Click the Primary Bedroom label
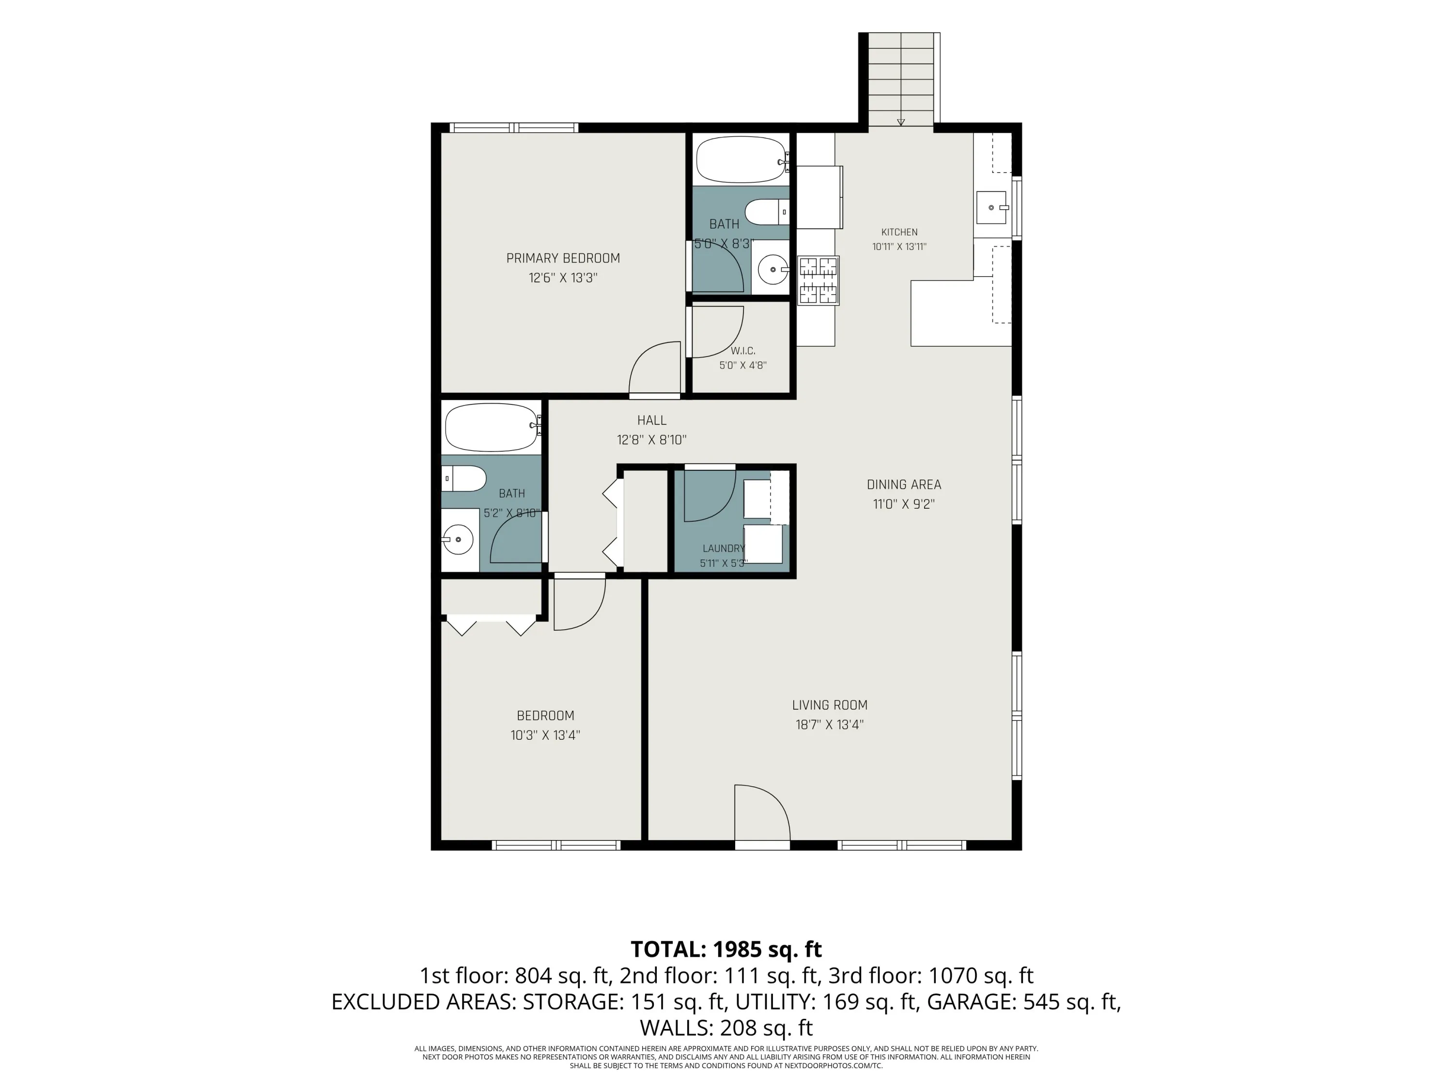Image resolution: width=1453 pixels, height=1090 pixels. coord(563,258)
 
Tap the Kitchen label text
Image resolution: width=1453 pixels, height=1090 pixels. coord(899,232)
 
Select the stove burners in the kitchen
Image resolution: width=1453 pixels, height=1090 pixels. coord(819,280)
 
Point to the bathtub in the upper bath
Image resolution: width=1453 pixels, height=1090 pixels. coord(742,160)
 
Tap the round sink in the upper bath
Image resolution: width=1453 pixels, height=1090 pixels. coord(773,269)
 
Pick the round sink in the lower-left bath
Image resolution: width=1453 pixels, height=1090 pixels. coord(457,540)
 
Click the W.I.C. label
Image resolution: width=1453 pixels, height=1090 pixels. coord(743,351)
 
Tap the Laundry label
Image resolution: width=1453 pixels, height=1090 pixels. coord(723,548)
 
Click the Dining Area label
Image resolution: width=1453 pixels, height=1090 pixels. coord(904,485)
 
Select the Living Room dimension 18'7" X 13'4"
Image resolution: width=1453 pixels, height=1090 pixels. coord(829,725)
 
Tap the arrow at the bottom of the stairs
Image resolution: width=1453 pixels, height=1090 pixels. coord(900,122)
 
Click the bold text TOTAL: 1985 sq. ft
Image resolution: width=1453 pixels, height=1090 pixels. coord(726,950)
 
